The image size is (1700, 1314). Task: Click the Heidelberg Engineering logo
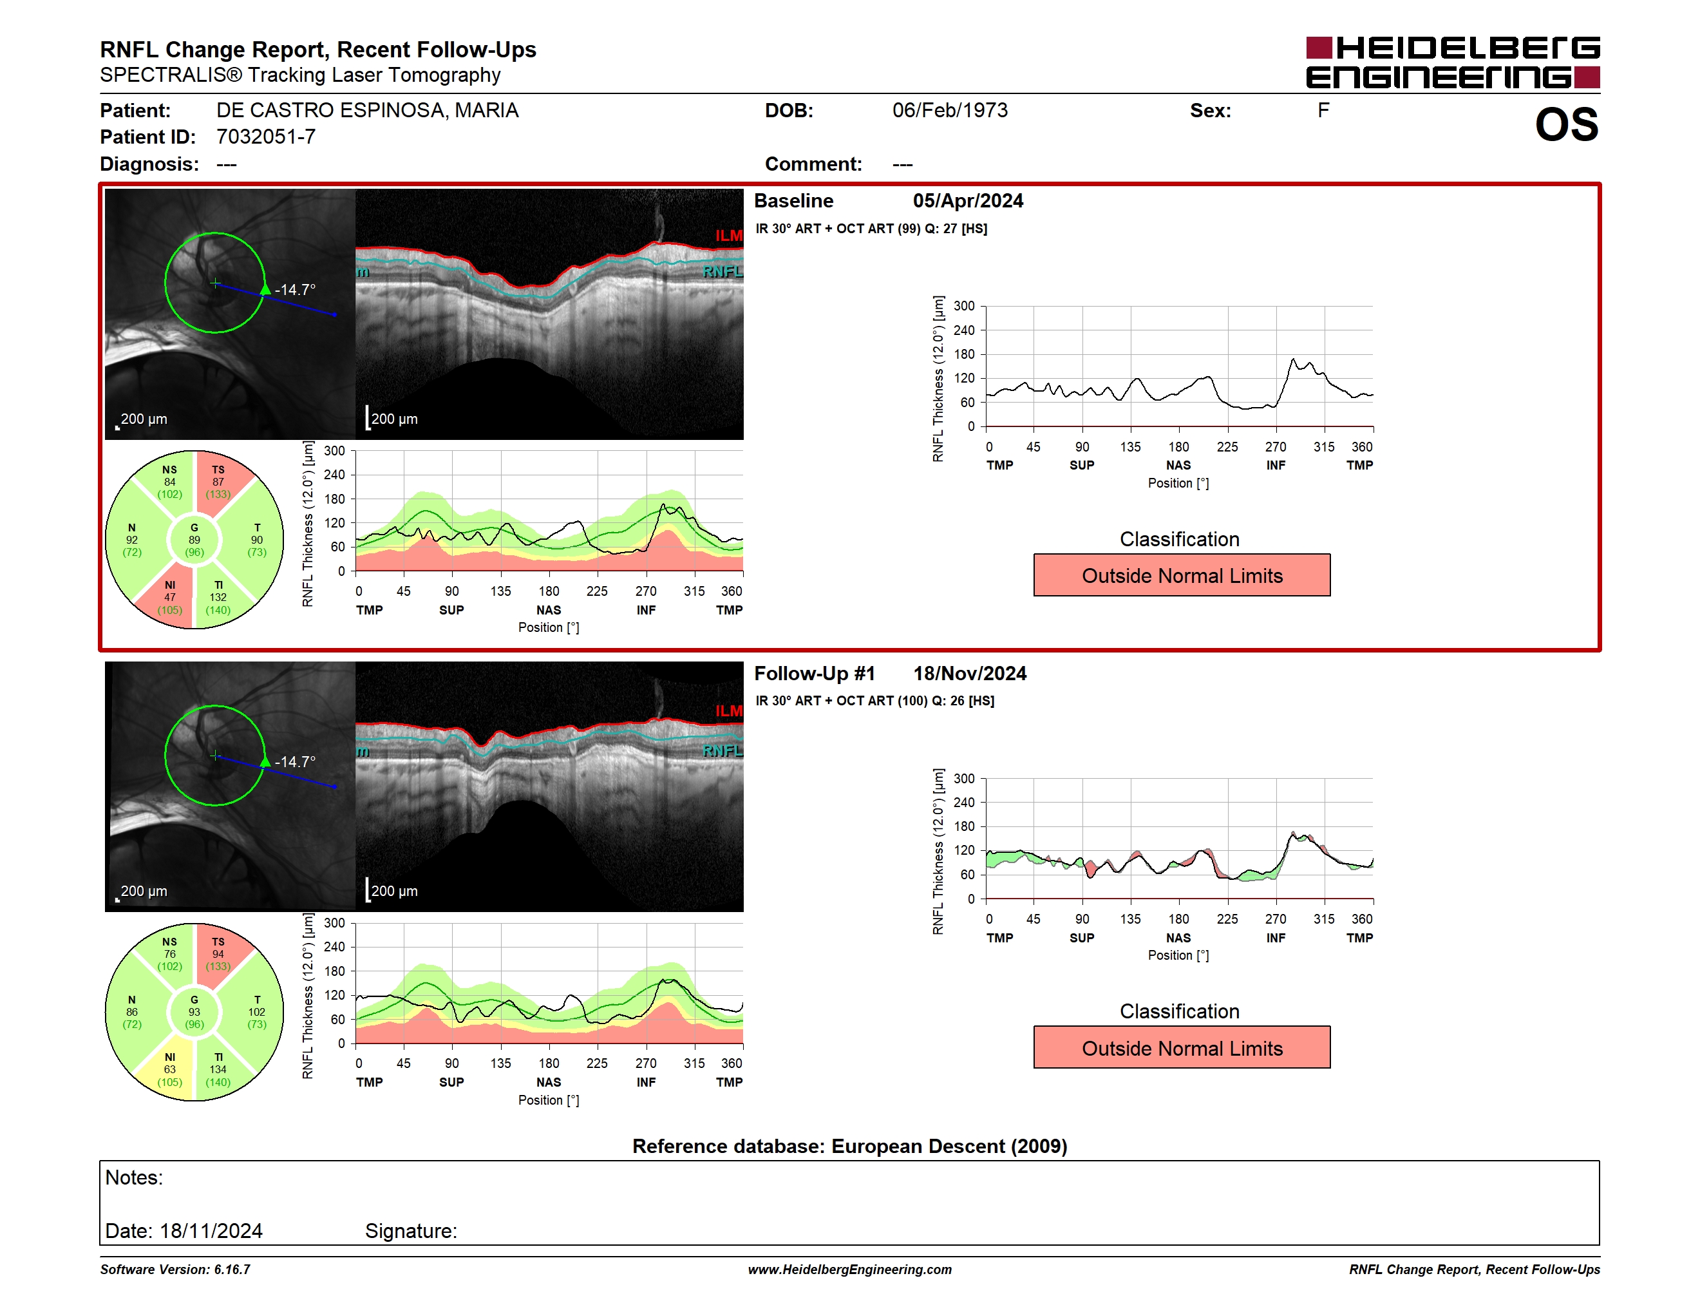point(1453,62)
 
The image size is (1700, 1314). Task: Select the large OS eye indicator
point(1566,124)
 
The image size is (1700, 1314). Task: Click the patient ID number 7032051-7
point(265,137)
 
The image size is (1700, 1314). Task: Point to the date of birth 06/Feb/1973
point(950,111)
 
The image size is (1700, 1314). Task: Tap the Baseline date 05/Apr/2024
point(968,201)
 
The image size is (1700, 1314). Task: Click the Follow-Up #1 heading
point(814,673)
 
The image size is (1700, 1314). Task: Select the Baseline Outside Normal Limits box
point(1182,575)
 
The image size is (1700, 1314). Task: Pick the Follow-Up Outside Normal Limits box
point(1182,1048)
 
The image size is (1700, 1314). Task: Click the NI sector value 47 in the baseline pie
point(170,598)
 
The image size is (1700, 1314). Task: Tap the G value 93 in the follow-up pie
point(194,1012)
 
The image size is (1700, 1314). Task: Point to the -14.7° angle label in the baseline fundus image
point(295,290)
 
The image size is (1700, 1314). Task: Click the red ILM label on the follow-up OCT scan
point(728,710)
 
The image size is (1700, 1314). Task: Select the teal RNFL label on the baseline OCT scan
point(722,272)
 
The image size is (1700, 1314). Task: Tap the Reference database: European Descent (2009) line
point(849,1146)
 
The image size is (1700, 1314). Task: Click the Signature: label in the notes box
point(411,1231)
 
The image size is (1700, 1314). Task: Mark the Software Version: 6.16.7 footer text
point(175,1270)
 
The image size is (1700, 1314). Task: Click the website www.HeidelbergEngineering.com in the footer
point(849,1270)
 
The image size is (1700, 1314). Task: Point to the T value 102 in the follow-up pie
point(257,1012)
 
